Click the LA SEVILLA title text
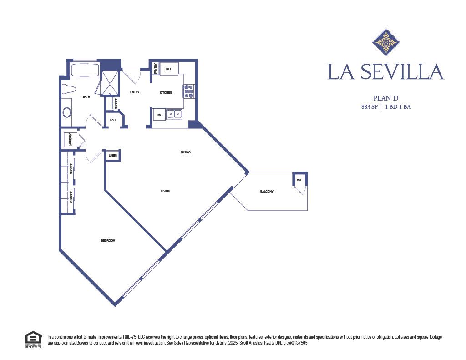[x=385, y=72]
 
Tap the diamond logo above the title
[x=386, y=42]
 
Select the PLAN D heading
[x=385, y=97]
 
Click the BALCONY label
[x=267, y=191]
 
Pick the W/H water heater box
[x=299, y=180]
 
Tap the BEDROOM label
[x=108, y=240]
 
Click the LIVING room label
[x=165, y=191]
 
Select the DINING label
[x=185, y=152]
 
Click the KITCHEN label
[x=166, y=93]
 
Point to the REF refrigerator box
[x=169, y=69]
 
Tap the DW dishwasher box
[x=158, y=115]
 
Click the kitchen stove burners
[x=189, y=91]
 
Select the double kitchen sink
[x=174, y=114]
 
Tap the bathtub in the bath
[x=85, y=71]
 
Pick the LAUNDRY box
[x=71, y=140]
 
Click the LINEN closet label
[x=112, y=156]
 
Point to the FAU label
[x=112, y=120]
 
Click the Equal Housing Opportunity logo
[x=33, y=340]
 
